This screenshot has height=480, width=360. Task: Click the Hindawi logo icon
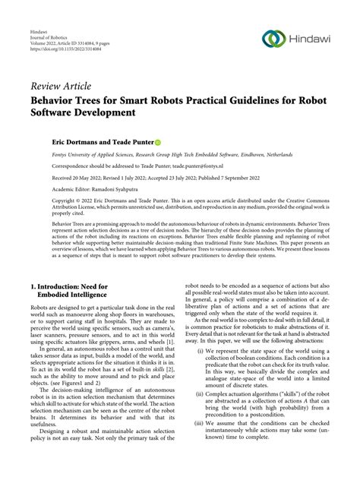coord(274,39)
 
